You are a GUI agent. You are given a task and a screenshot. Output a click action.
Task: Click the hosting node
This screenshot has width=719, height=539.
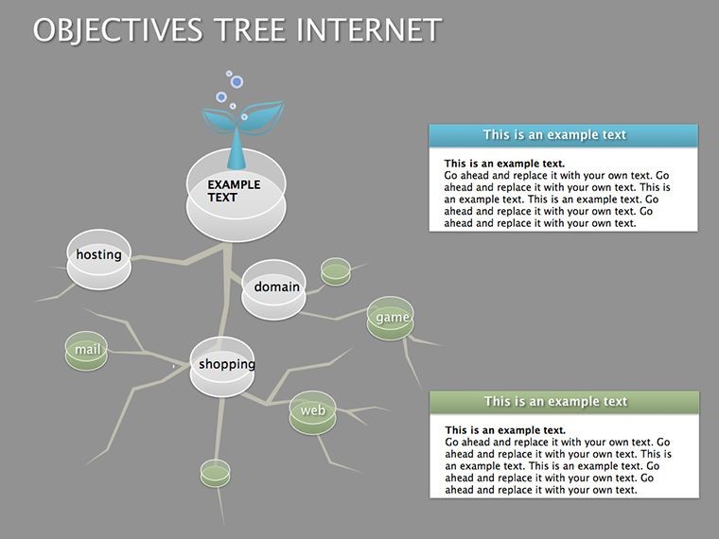99,259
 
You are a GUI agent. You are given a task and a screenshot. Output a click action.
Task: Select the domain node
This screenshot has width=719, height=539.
273,289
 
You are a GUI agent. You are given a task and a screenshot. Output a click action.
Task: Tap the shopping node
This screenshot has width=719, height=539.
222,367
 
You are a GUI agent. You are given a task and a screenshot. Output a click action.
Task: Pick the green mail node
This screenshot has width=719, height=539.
86,351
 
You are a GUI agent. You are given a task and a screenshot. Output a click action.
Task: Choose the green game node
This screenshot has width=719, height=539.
390,318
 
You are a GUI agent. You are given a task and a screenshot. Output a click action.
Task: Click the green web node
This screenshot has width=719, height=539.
313,412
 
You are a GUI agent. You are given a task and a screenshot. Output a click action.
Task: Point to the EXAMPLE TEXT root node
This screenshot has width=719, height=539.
237,195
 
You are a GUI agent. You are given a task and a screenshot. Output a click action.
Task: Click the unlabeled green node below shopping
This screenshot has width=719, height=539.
215,474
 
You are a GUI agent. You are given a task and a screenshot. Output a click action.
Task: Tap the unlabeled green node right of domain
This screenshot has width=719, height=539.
336,271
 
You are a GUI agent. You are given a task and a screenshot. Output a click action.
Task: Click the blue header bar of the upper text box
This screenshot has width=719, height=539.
564,135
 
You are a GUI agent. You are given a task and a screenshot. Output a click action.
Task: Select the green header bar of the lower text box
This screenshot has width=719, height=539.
565,402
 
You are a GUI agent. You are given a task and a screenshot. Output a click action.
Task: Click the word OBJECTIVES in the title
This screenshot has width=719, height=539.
118,30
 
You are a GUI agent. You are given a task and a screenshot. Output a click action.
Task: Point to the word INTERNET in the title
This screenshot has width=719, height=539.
369,30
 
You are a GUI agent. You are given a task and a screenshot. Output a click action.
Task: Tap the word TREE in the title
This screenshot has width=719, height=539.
250,30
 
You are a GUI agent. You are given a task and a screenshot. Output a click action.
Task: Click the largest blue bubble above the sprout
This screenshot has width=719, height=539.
237,82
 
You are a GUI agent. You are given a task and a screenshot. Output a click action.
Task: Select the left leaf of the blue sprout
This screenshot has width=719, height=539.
219,120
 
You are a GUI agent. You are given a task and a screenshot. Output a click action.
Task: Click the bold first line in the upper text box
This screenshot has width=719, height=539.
504,164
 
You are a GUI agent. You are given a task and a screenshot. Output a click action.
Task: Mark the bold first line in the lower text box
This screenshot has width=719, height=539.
505,430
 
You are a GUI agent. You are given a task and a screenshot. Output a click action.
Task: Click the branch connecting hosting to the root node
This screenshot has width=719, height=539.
184,261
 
